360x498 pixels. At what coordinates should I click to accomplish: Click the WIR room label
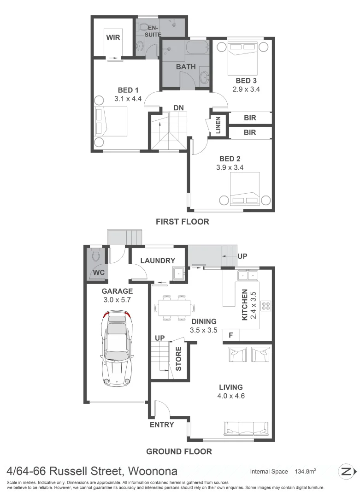click(x=113, y=37)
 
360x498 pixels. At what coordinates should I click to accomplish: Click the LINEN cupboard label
click(x=218, y=125)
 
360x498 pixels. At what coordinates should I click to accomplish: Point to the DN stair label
click(x=179, y=108)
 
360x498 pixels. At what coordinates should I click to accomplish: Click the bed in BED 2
click(x=245, y=189)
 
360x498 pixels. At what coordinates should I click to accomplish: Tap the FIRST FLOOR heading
click(x=182, y=222)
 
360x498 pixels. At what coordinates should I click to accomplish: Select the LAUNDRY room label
click(x=158, y=261)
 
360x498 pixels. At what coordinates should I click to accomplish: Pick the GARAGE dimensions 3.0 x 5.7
click(x=117, y=300)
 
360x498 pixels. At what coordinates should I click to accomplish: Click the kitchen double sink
click(x=248, y=276)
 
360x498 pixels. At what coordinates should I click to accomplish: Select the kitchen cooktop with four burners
click(x=266, y=305)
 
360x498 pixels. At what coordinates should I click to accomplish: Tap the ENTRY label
click(x=162, y=425)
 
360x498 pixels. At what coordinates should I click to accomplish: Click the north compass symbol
click(x=347, y=471)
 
